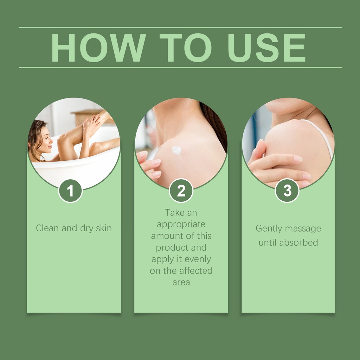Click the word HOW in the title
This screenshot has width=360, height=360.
(x=98, y=48)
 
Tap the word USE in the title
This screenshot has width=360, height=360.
(x=267, y=48)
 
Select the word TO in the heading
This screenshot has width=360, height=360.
(x=186, y=48)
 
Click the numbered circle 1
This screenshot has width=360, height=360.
(x=70, y=191)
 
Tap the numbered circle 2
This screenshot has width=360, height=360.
(x=181, y=191)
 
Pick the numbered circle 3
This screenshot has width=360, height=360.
(x=287, y=191)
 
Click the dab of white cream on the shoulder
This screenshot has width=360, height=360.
(x=176, y=150)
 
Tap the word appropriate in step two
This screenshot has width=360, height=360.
(x=181, y=225)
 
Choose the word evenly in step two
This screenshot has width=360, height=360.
(x=198, y=259)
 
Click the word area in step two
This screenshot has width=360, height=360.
(x=181, y=282)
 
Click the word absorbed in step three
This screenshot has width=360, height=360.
(x=298, y=243)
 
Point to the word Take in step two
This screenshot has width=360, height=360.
(x=173, y=213)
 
